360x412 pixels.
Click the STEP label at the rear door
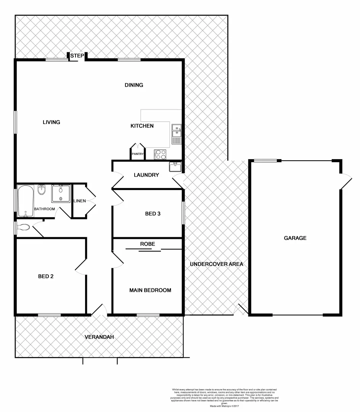pyautogui.click(x=77, y=56)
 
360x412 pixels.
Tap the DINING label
pyautogui.click(x=134, y=85)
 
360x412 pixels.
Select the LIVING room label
pyautogui.click(x=51, y=122)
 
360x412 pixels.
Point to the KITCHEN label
pyautogui.click(x=142, y=126)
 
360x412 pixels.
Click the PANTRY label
pyautogui.click(x=137, y=154)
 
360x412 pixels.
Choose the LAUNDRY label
pyautogui.click(x=146, y=175)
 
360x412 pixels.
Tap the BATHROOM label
pyautogui.click(x=45, y=209)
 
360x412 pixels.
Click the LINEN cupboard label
pyautogui.click(x=79, y=201)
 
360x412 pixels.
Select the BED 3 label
pyautogui.click(x=153, y=214)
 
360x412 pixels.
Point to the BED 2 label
pyautogui.click(x=45, y=277)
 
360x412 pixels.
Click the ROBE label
pyautogui.click(x=148, y=243)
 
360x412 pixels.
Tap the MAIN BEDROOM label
pyautogui.click(x=150, y=290)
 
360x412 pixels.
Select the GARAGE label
pyautogui.click(x=295, y=238)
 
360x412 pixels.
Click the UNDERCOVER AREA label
pyautogui.click(x=216, y=264)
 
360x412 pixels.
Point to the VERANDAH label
pyautogui.click(x=99, y=337)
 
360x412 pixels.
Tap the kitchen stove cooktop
pyautogui.click(x=161, y=154)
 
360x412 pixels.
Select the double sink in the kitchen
pyautogui.click(x=177, y=131)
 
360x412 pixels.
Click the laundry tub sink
pyautogui.click(x=175, y=167)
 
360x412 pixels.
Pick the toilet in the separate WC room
pyautogui.click(x=24, y=228)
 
